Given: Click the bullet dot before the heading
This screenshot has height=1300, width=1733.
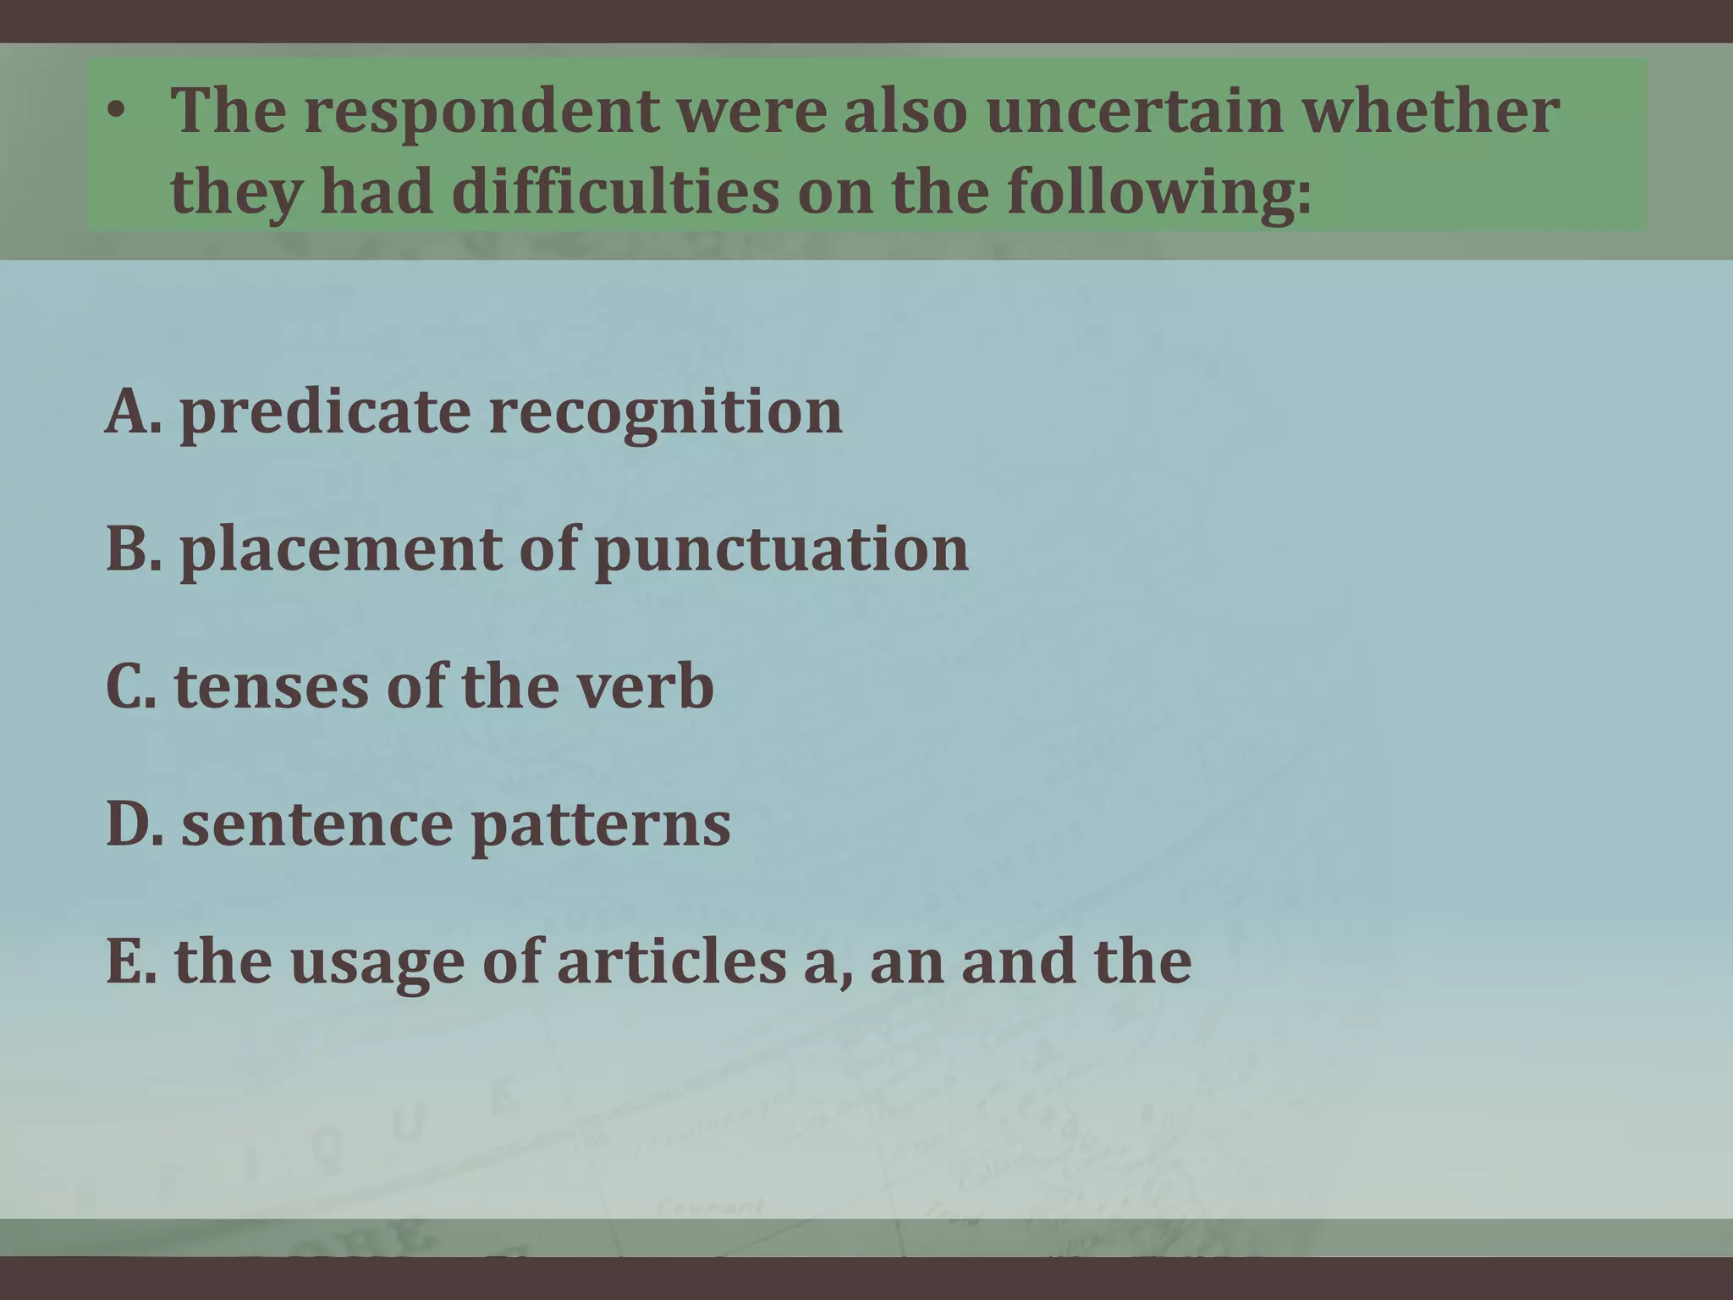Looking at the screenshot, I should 120,113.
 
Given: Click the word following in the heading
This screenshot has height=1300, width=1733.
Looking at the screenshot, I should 1159,191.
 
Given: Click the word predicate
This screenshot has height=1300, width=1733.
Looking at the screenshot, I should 325,413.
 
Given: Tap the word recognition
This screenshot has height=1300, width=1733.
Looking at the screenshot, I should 665,413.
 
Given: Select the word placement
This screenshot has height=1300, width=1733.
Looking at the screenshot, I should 340,550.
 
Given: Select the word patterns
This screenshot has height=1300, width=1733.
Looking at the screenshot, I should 600,826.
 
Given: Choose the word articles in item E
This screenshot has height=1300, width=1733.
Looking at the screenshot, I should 671,961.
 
